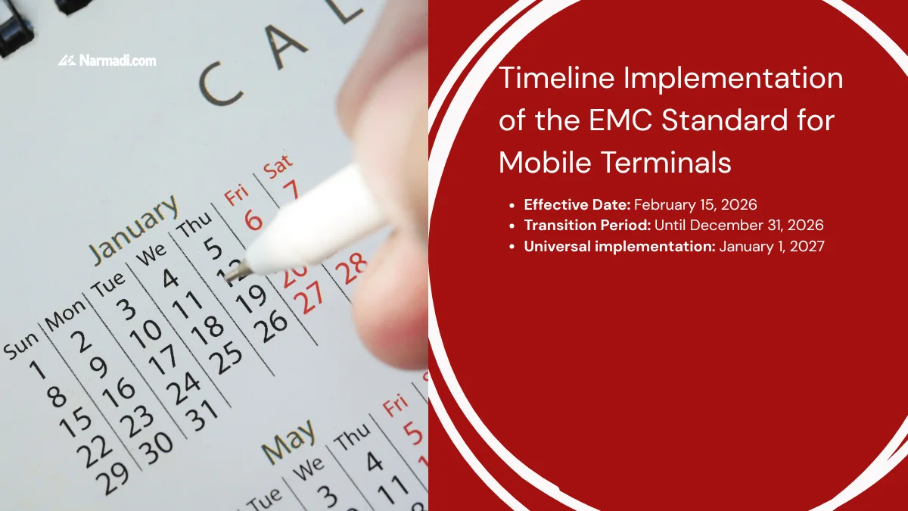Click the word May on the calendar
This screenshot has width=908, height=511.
tap(288, 441)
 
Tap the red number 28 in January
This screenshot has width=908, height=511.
tap(351, 267)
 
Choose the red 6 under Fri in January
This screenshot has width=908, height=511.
tap(253, 220)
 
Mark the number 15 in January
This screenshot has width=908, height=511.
tap(76, 422)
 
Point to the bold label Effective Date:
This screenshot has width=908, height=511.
tap(577, 204)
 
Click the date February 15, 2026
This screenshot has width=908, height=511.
tap(695, 204)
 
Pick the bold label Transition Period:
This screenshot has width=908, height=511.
tap(587, 225)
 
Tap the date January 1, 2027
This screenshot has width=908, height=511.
tap(772, 245)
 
